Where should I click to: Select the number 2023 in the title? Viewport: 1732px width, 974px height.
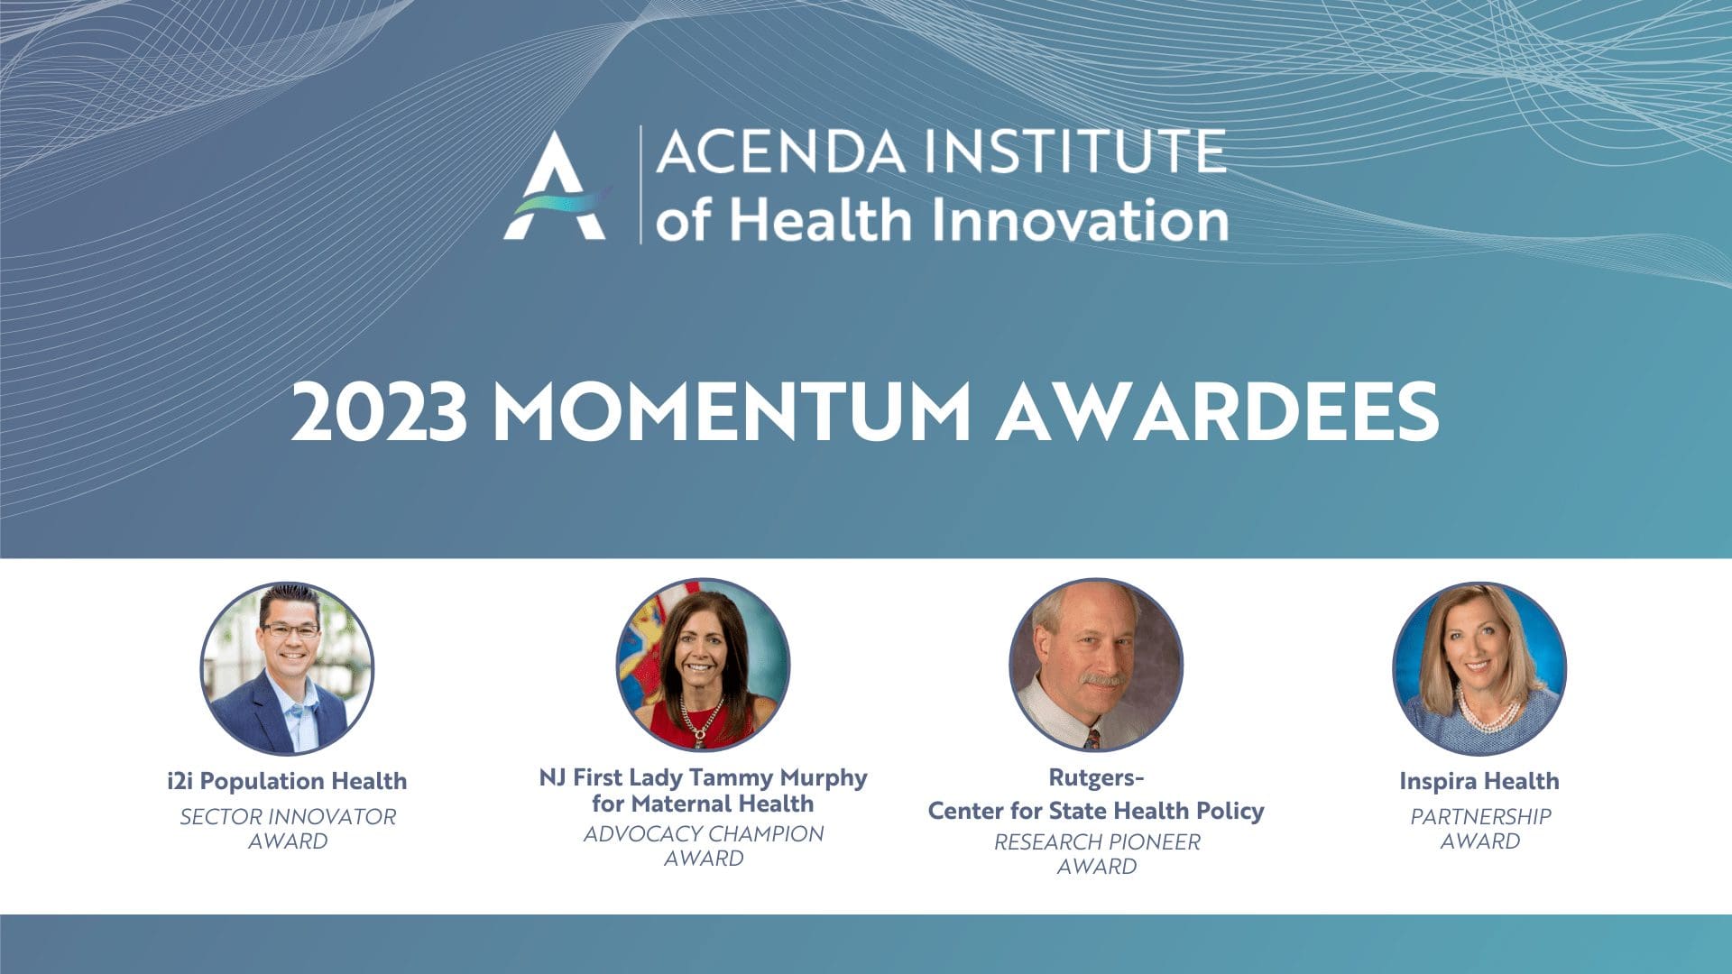380,412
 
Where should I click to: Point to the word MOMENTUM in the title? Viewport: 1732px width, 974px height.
732,412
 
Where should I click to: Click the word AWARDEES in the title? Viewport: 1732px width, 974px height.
1217,412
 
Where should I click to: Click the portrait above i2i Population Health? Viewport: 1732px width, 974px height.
287,668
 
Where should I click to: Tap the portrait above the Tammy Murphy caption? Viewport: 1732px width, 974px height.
703,665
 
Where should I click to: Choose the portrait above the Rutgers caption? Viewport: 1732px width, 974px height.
1096,665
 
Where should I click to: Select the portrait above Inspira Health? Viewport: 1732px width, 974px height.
1479,668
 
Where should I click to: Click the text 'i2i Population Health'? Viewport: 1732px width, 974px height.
287,781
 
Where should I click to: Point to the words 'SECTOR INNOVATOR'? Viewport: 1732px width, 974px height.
288,816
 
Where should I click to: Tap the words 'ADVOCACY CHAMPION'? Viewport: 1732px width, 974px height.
704,834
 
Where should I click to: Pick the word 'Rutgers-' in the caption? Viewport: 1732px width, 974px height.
1096,777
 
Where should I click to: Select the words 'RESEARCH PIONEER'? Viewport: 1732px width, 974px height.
1097,841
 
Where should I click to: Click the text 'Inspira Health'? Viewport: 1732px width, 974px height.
1479,781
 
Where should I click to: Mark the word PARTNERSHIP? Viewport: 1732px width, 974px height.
1480,816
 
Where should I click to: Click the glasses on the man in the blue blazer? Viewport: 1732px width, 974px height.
290,630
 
